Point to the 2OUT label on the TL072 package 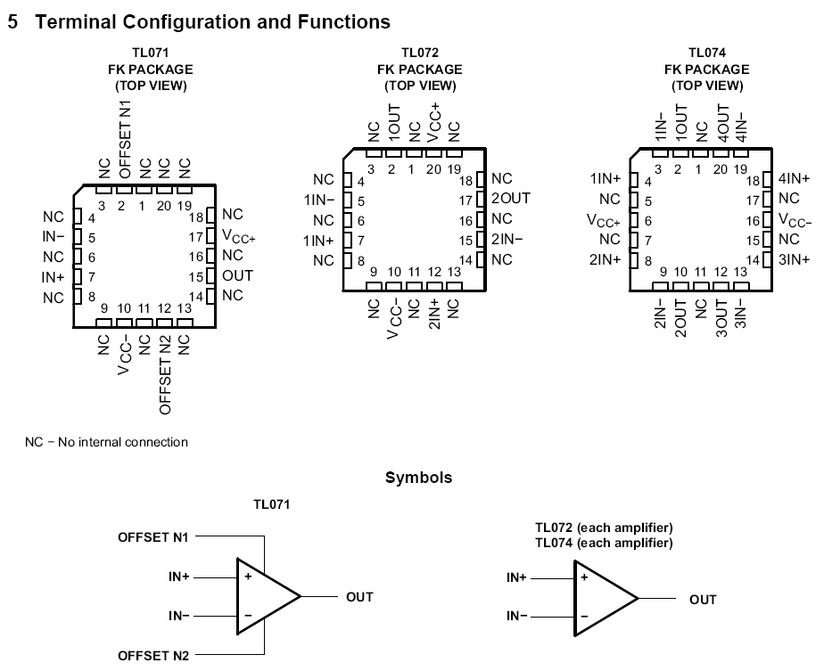[511, 199]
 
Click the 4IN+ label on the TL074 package [794, 178]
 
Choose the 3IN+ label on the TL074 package [794, 259]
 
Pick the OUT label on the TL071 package [238, 275]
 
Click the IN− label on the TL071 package [54, 236]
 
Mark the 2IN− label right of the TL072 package [507, 239]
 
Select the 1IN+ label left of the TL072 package [318, 240]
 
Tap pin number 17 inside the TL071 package [195, 237]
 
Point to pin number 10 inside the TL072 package [393, 272]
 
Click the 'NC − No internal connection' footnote [106, 442]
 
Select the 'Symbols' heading [418, 478]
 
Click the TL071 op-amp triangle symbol [266, 596]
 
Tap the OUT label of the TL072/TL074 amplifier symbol [703, 600]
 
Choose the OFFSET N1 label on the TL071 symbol [153, 537]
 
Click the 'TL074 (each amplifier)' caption [604, 542]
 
